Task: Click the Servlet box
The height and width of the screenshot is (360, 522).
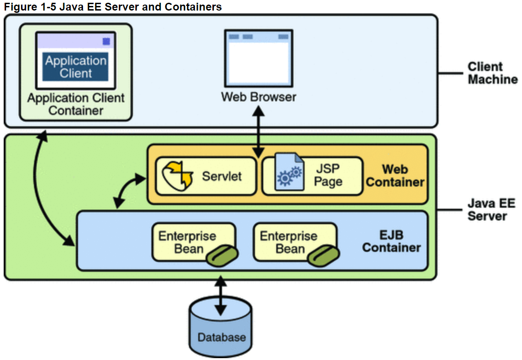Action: [x=205, y=176]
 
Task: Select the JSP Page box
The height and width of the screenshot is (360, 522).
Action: [x=312, y=176]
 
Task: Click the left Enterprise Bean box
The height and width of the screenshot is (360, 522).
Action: [x=193, y=242]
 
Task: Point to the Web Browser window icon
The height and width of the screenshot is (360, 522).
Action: [x=258, y=59]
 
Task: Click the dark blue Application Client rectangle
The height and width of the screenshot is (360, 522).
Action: [x=76, y=67]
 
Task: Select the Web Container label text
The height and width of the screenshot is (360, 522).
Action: [x=395, y=176]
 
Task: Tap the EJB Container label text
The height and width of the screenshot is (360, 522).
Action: [x=391, y=242]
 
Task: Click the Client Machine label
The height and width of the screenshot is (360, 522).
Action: [x=492, y=73]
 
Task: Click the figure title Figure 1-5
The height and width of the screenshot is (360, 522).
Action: [x=113, y=7]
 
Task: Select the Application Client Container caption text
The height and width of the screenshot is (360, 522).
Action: [x=76, y=104]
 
